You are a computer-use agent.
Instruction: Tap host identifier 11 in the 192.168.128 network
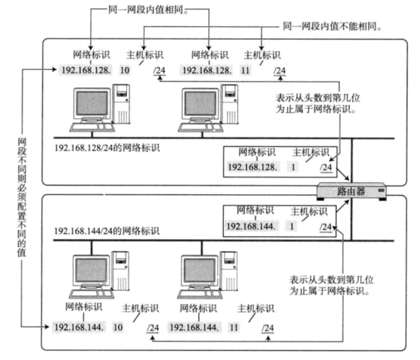click(x=245, y=70)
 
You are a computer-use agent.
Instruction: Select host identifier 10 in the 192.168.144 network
click(x=118, y=327)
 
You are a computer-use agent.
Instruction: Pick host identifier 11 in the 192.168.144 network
click(x=234, y=327)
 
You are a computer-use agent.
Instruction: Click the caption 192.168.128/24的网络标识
click(x=107, y=148)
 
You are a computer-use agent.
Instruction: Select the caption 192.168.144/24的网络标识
click(x=107, y=231)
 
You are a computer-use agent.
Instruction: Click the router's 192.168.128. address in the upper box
click(x=251, y=167)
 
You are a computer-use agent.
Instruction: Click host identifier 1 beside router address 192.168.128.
click(x=294, y=167)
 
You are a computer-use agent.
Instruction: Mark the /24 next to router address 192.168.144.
click(x=326, y=227)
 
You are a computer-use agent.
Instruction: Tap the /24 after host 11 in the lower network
click(x=268, y=328)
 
